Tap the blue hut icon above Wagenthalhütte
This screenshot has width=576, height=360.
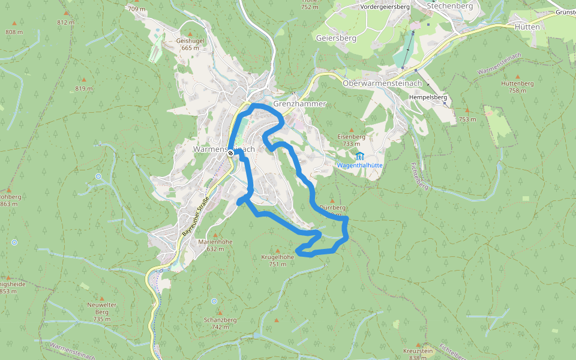(360, 156)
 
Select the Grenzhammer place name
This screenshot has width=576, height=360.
(299, 104)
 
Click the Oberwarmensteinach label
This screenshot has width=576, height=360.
(382, 83)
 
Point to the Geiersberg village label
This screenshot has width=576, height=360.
(336, 38)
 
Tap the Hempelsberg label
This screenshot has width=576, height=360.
(429, 97)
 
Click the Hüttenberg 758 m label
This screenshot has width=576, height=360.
(517, 87)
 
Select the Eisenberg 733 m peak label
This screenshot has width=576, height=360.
(352, 140)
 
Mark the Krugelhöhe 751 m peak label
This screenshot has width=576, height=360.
(277, 260)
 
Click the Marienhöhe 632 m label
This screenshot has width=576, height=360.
(215, 245)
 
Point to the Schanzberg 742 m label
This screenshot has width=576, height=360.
(220, 323)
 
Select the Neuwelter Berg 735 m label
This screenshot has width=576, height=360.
(101, 312)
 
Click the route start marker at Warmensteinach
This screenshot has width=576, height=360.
(230, 154)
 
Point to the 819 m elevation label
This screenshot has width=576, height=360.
(83, 88)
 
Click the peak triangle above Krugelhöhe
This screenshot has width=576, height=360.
(277, 251)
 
